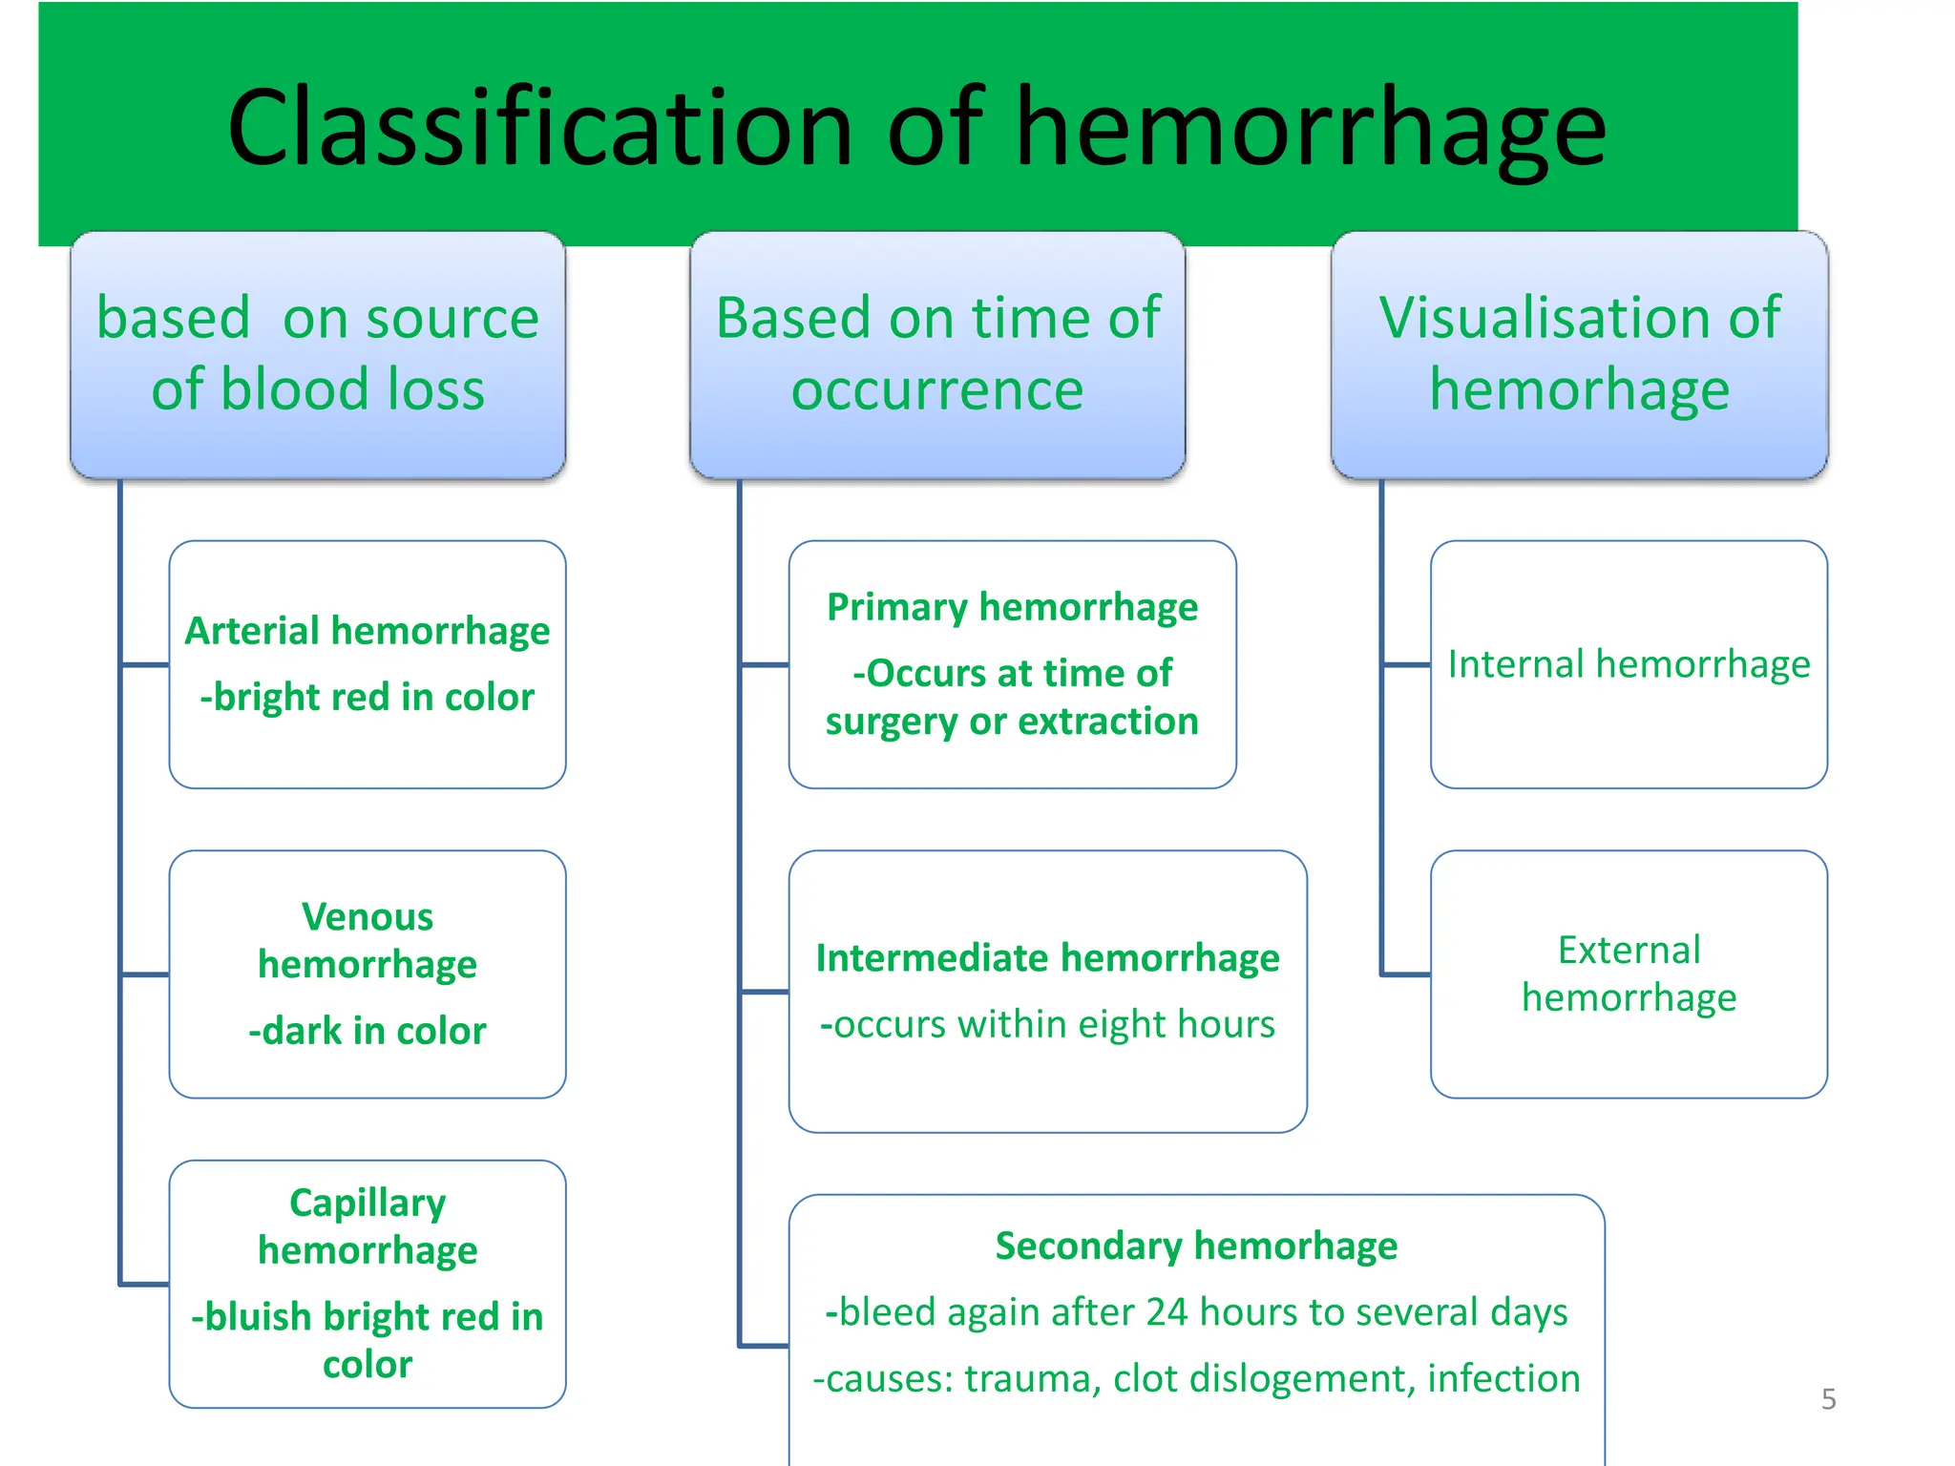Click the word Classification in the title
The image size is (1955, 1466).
539,129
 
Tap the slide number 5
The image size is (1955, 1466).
1828,1399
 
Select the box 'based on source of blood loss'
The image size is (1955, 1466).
318,354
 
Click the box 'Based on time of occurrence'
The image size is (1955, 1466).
937,354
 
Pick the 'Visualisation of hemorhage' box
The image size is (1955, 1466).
1580,354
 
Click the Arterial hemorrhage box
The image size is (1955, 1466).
368,664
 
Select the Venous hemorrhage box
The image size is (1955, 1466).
368,974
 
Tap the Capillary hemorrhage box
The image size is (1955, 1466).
368,1284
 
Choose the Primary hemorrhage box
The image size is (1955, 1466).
1012,664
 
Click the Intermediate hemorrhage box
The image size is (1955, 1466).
1047,991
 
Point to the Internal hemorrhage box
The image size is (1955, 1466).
1629,664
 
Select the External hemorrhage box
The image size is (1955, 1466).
1629,974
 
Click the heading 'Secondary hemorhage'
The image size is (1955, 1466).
1196,1246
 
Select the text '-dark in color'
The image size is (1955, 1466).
368,1031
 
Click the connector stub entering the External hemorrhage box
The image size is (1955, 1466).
1406,974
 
